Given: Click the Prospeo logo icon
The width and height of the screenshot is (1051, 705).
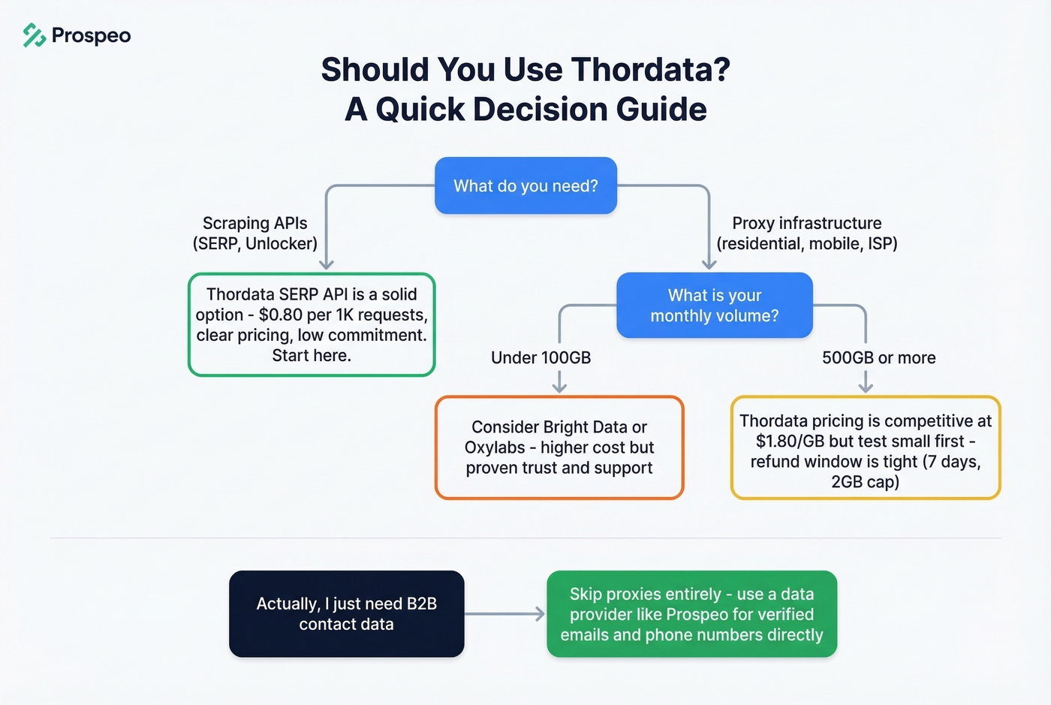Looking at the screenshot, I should [35, 35].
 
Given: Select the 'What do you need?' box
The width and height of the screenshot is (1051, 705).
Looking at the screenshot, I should [525, 185].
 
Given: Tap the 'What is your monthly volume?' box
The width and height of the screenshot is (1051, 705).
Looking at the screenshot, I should [714, 305].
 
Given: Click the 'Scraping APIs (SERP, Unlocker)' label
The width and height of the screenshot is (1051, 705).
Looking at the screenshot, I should [255, 233].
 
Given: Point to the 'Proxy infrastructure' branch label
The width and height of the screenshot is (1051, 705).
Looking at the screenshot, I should [806, 224].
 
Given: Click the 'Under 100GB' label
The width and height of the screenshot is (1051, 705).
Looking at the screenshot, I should [541, 357].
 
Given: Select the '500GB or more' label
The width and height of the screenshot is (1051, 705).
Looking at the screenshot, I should [878, 357].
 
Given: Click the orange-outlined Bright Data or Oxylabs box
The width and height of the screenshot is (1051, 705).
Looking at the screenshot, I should [559, 447].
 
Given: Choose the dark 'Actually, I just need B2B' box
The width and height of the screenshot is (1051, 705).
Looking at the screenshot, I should [346, 613].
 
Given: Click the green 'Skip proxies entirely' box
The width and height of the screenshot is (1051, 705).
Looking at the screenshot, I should [691, 613].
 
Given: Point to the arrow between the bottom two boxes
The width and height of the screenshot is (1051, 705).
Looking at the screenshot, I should [504, 614].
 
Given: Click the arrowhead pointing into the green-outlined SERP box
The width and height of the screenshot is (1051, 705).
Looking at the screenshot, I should [327, 264].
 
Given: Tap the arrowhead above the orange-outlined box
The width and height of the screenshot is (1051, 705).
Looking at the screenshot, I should [559, 387].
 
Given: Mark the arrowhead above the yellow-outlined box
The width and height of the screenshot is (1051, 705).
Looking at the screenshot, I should [866, 387].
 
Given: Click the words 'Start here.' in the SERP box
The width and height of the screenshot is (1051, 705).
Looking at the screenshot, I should [312, 355].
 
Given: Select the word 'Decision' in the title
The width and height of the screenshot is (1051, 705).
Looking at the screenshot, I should [541, 110].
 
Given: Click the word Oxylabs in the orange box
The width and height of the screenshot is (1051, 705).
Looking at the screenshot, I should [495, 447].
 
